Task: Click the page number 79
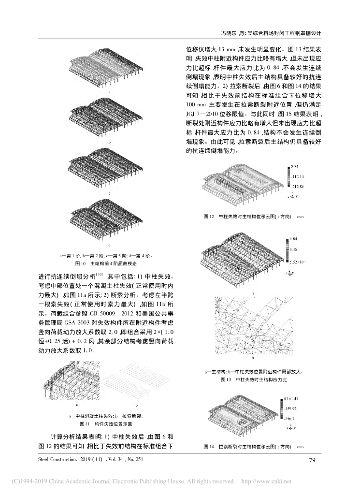[x=312, y=459]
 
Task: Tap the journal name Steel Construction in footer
[x=58, y=459]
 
